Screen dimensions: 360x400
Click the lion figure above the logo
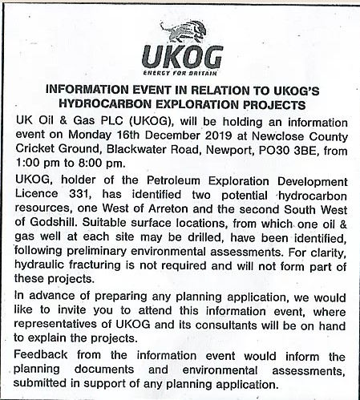click(183, 33)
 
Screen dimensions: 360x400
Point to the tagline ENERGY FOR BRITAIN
click(180, 73)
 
